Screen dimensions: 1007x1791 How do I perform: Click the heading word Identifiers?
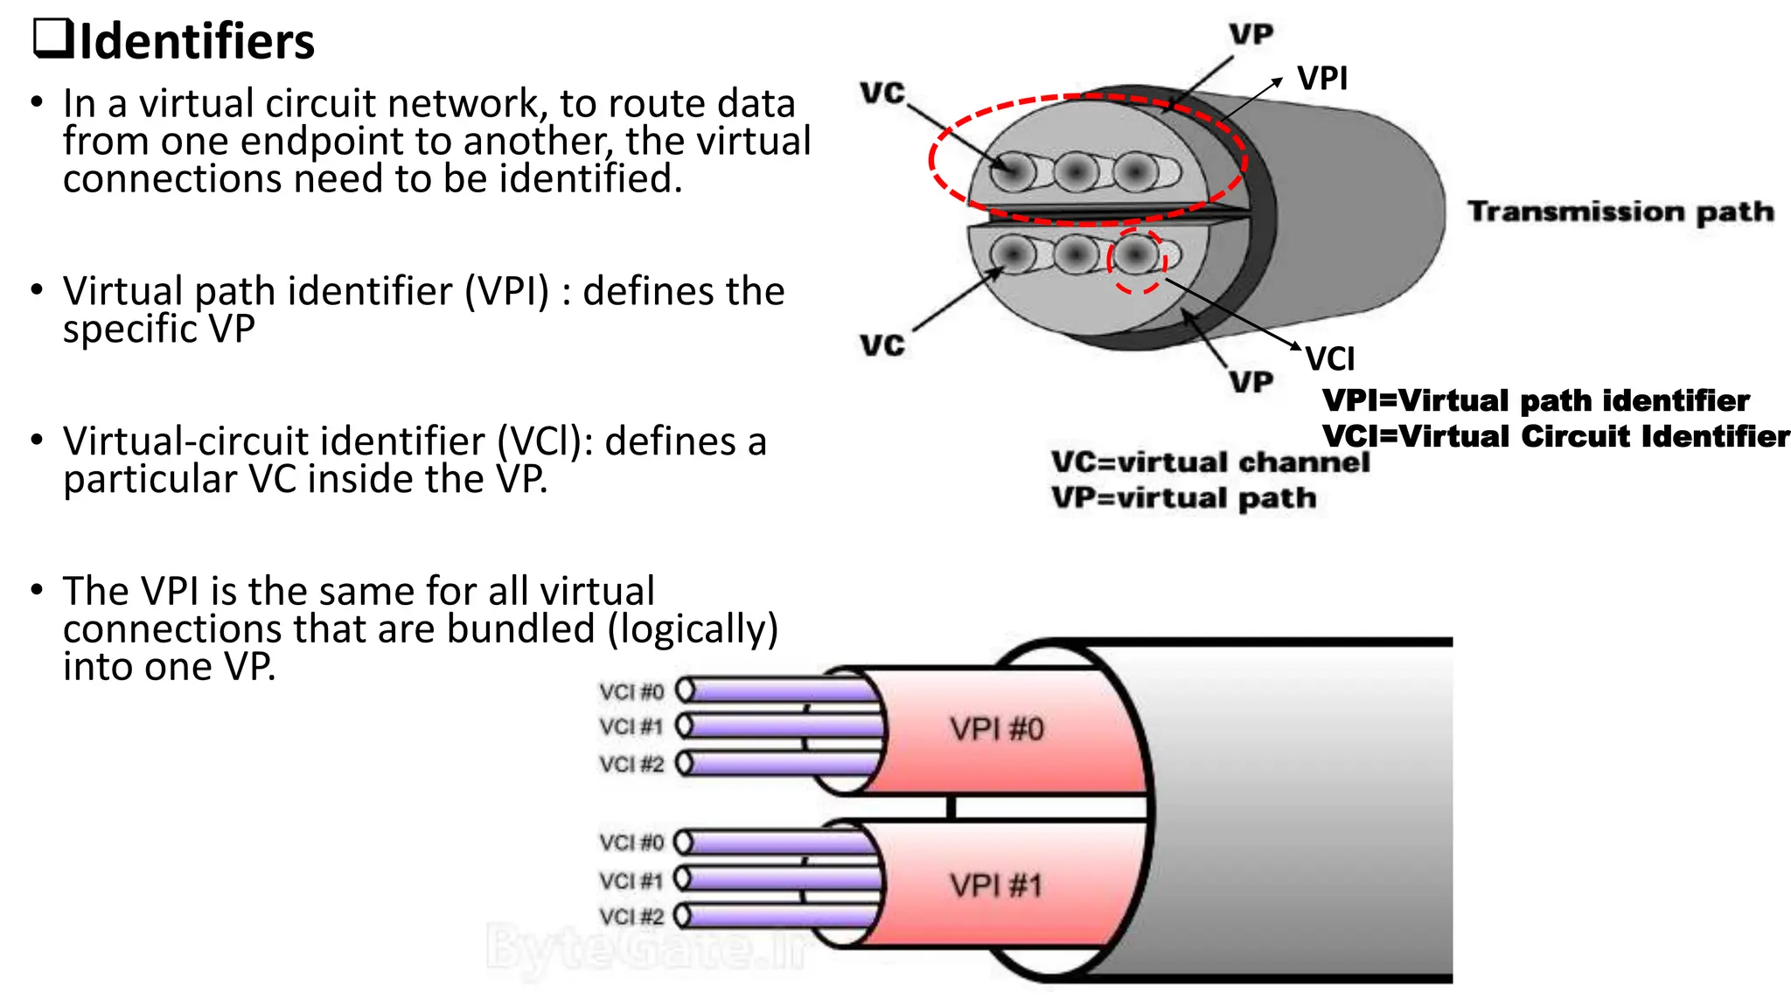point(196,42)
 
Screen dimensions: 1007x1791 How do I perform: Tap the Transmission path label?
point(1620,212)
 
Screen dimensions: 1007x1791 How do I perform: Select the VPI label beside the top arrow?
point(1322,79)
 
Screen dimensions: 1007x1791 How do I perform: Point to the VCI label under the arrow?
point(1330,359)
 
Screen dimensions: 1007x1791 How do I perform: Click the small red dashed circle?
point(1137,260)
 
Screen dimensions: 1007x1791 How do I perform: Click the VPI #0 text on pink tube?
point(997,728)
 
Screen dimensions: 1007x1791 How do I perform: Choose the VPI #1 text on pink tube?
point(997,885)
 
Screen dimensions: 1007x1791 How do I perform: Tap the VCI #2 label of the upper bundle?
point(631,764)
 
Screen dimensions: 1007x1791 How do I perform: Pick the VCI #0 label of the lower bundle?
point(631,843)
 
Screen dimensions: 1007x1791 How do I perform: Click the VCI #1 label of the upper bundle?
point(631,727)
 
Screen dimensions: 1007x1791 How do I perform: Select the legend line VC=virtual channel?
point(1210,462)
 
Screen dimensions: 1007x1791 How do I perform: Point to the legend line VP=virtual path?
point(1183,498)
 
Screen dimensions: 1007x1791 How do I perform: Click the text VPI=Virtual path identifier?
point(1536,400)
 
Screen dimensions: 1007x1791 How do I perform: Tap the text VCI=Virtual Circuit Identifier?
point(1556,436)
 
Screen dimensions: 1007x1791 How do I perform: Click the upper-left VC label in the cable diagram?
point(882,93)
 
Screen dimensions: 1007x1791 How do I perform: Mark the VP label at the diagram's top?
point(1251,34)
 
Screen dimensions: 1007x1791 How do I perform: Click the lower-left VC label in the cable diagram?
point(882,345)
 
